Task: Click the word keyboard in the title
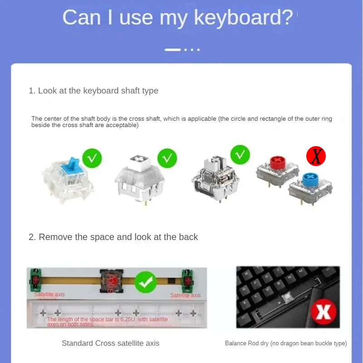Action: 243,18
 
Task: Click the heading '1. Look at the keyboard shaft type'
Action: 93,91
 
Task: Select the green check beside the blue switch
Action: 92,158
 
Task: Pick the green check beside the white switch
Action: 167,158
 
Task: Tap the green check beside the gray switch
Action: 240,155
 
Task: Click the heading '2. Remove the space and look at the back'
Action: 113,237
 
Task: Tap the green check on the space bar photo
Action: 147,282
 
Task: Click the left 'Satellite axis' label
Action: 49,294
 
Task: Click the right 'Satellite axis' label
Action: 185,295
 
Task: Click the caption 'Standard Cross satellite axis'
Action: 110,343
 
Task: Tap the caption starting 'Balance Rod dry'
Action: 286,343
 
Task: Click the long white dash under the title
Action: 172,49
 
